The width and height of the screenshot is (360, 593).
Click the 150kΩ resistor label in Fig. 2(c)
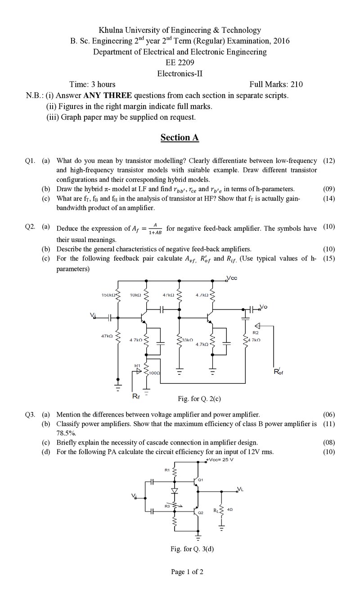(x=108, y=295)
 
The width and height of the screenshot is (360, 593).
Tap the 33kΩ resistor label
(x=187, y=340)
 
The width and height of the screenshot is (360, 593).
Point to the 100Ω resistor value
(x=155, y=373)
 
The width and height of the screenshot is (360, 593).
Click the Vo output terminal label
(x=264, y=307)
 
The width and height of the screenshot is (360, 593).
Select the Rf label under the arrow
(x=136, y=396)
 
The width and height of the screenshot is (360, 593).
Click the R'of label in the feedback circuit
(x=279, y=372)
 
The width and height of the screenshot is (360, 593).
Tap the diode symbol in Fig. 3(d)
(x=175, y=490)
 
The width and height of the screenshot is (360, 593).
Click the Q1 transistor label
(x=201, y=480)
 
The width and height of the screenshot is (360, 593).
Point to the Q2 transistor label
(x=201, y=513)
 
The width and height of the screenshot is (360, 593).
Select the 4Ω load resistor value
(x=230, y=509)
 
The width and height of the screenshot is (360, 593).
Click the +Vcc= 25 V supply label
(x=220, y=459)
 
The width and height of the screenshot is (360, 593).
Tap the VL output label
(x=240, y=489)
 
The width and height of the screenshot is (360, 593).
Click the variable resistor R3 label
(x=167, y=506)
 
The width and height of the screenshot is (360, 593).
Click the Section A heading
(x=180, y=137)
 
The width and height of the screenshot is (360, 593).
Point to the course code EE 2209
(x=180, y=63)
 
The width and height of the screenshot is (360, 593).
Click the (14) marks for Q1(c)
(x=329, y=198)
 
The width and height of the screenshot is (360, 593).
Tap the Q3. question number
(x=30, y=414)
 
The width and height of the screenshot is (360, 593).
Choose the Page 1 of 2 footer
(x=187, y=572)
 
